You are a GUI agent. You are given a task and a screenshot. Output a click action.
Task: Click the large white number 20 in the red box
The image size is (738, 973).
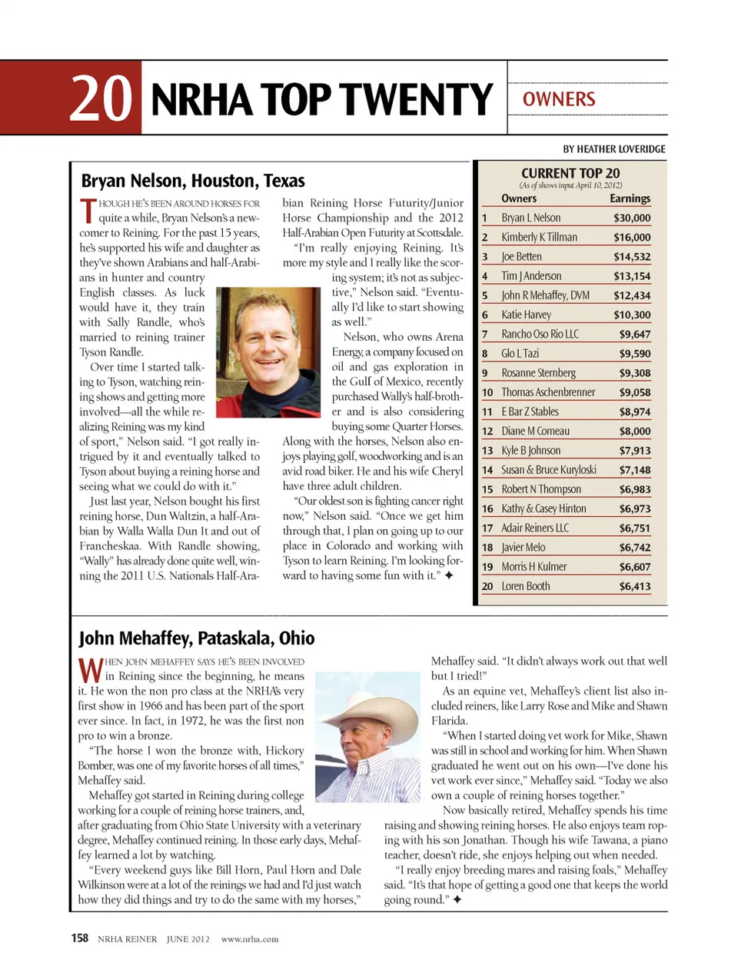(100, 98)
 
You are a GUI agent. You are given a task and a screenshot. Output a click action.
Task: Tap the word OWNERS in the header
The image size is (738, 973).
(559, 99)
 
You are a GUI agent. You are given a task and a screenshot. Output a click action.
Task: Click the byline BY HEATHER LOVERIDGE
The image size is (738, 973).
(614, 149)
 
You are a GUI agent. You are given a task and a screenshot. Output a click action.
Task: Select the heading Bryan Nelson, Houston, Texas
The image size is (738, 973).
(193, 181)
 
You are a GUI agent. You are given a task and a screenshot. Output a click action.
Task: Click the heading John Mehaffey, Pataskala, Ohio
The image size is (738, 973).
(197, 638)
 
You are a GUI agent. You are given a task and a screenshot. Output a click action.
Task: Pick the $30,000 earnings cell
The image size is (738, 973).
(632, 218)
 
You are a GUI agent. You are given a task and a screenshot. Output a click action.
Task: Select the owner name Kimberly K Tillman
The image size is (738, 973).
(539, 237)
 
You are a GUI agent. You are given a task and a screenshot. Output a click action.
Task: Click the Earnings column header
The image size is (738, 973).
(630, 198)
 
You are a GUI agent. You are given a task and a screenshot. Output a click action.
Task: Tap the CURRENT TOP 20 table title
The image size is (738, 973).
(570, 173)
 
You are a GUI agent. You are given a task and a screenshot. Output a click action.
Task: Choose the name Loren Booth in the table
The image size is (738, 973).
(526, 586)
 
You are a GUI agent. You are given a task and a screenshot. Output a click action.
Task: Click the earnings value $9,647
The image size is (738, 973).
(635, 334)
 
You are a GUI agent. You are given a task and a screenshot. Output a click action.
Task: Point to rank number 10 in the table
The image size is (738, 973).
(487, 392)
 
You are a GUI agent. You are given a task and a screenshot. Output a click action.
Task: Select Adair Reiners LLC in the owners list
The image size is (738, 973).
(535, 528)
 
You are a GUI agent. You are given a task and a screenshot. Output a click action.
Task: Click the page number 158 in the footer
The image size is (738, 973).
(80, 938)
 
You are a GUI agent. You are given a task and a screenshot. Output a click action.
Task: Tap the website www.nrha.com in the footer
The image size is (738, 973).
(250, 939)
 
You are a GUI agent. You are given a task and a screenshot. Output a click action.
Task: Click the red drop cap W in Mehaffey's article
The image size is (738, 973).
(90, 670)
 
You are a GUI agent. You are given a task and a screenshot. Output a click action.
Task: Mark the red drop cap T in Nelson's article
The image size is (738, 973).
(88, 210)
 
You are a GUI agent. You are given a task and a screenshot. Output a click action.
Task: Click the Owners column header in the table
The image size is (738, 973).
(519, 198)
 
